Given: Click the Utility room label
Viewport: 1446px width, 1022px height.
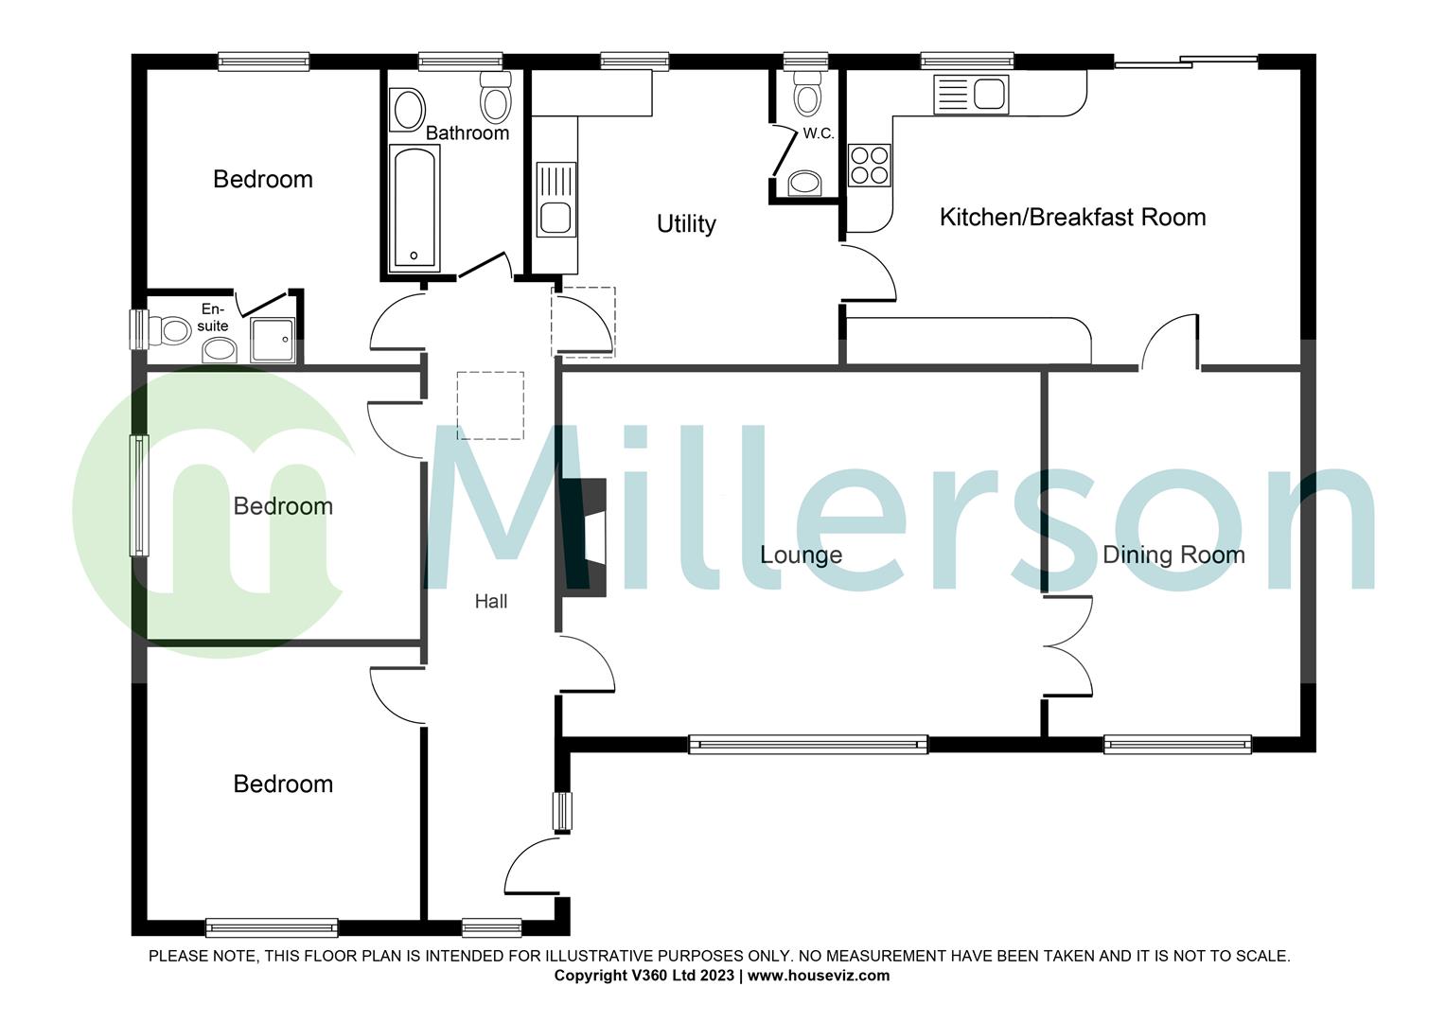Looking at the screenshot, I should click(686, 224).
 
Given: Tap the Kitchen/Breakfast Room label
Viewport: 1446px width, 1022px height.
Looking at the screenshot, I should click(1072, 218).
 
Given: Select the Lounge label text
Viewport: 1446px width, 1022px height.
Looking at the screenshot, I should click(801, 555).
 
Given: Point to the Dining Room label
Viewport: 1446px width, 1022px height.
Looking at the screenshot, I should click(1173, 555).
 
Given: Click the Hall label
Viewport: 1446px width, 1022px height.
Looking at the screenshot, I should click(491, 601).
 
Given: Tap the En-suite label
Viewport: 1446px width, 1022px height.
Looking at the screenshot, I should click(213, 318).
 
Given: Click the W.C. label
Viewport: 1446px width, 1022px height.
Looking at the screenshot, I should click(819, 133).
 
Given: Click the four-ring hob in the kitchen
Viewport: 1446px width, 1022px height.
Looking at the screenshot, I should click(869, 165).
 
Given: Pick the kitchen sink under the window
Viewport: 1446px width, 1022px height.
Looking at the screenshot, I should click(971, 95).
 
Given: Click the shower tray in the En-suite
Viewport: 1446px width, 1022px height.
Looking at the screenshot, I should click(273, 340).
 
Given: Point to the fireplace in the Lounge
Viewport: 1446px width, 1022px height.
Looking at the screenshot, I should click(585, 537).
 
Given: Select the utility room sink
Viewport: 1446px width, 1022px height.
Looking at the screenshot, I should click(555, 200).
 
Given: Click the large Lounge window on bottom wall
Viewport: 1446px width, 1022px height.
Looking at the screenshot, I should click(807, 745).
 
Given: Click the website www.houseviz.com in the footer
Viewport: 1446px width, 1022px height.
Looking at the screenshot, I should click(819, 976).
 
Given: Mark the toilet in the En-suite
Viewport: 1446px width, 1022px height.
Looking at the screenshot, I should click(174, 329).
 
